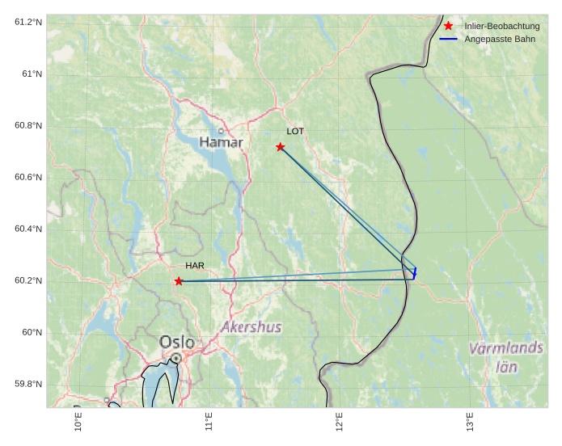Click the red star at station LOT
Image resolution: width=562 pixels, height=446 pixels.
(x=281, y=147)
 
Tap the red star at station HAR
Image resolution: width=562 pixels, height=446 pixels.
(x=179, y=281)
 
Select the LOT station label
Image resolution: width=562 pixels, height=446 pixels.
(x=295, y=131)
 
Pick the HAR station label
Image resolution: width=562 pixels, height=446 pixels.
(x=195, y=265)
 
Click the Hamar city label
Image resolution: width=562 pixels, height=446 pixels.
(x=221, y=143)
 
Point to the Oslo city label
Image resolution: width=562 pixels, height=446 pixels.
(x=177, y=342)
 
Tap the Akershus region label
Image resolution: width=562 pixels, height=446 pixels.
(x=251, y=327)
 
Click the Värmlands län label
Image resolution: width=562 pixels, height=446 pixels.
(x=506, y=356)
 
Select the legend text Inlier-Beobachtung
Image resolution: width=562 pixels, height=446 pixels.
(x=501, y=27)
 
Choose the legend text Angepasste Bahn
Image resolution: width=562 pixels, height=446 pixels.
(x=500, y=39)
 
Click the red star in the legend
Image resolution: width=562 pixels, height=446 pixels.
(x=449, y=26)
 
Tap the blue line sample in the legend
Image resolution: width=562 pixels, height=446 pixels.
(x=449, y=39)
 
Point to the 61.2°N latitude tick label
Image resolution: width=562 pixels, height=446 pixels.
(x=27, y=22)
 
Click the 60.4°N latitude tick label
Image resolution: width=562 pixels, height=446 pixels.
(x=27, y=229)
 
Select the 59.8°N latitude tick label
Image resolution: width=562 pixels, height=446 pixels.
(x=27, y=384)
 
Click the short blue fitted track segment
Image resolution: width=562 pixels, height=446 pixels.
(x=415, y=274)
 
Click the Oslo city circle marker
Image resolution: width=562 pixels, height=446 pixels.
(x=175, y=357)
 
